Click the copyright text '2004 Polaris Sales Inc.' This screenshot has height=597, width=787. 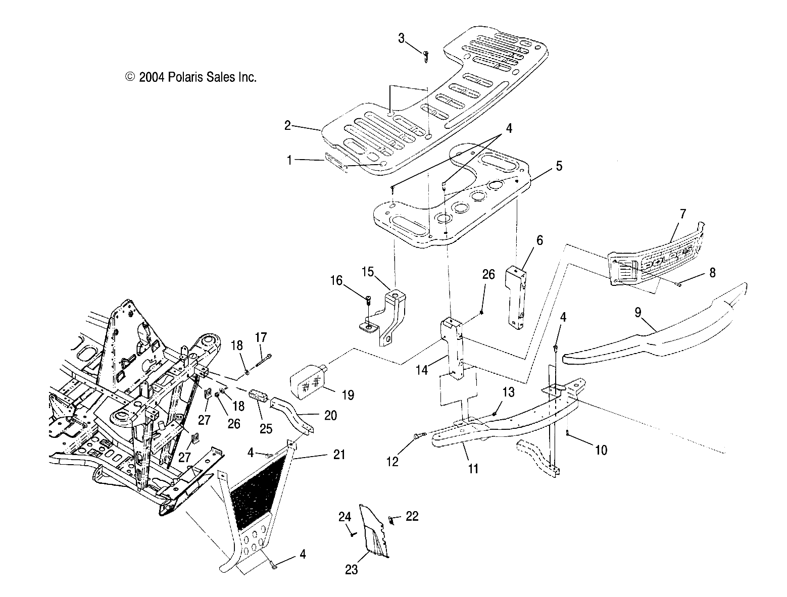198,77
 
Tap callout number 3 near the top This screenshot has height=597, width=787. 402,38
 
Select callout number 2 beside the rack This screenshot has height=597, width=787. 287,125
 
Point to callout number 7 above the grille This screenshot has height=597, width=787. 682,214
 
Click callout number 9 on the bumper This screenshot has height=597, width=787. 638,313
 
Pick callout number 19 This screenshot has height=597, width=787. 348,395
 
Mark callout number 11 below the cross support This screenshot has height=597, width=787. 473,468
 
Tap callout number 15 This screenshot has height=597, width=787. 368,272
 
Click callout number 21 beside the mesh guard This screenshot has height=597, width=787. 339,455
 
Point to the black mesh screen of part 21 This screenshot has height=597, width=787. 257,496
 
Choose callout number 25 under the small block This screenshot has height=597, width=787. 266,429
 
